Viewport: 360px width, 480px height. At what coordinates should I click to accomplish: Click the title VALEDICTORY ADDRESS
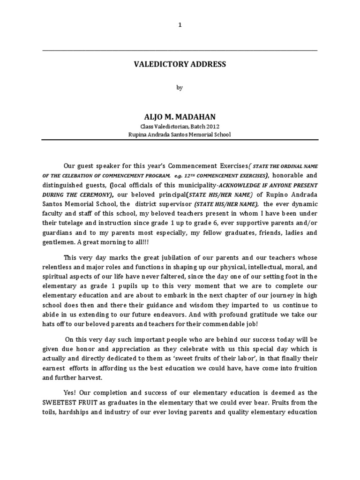[180, 64]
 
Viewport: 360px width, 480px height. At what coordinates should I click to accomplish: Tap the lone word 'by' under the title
[180, 88]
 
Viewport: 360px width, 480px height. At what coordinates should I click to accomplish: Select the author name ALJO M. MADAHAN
[180, 116]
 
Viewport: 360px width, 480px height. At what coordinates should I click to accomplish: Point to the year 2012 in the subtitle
[212, 127]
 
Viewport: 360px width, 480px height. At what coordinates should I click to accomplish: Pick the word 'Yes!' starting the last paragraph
[70, 392]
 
